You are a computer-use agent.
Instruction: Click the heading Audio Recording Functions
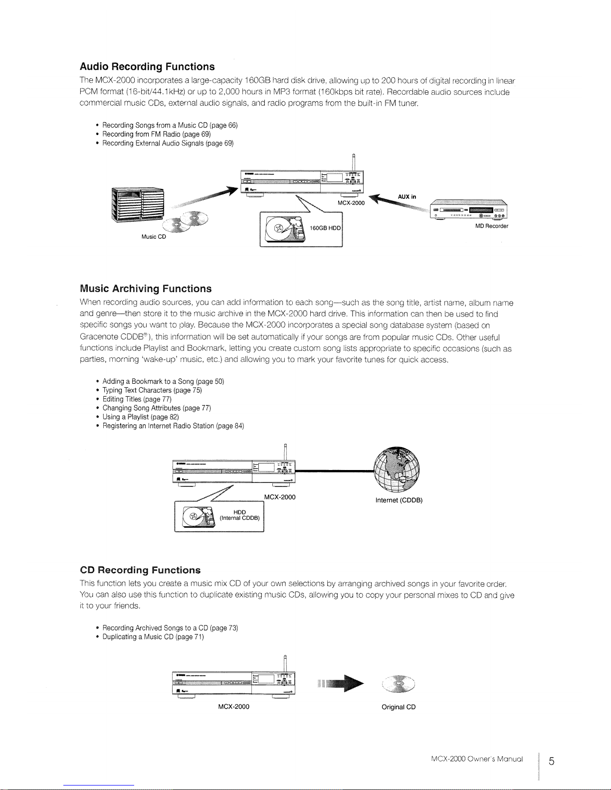click(x=147, y=66)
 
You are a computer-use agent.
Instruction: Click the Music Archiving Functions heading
click(x=146, y=289)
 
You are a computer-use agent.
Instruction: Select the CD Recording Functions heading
click(x=140, y=570)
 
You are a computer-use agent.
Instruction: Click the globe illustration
click(x=397, y=469)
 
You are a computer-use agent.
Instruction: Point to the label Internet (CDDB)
click(x=399, y=500)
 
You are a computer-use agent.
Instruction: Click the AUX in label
click(x=407, y=197)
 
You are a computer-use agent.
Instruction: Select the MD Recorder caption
click(x=492, y=226)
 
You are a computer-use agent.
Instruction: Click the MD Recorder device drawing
click(x=468, y=209)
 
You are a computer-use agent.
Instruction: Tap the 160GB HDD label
click(x=325, y=228)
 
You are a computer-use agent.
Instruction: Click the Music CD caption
click(x=154, y=237)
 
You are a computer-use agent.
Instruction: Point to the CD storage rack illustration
click(x=138, y=205)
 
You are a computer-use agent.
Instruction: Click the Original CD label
click(x=399, y=707)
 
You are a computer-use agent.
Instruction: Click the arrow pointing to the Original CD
click(x=340, y=683)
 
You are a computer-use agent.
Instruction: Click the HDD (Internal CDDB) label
click(x=240, y=515)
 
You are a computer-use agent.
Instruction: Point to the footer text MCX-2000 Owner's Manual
click(x=477, y=759)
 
